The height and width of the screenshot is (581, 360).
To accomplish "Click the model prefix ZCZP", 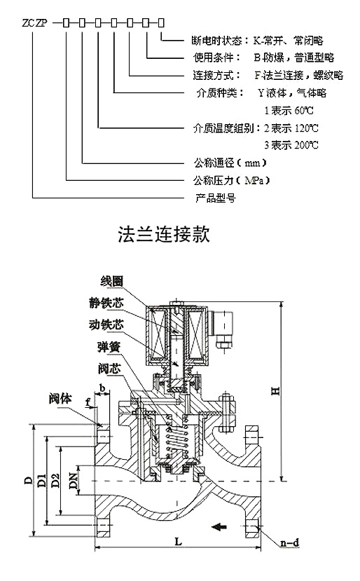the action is [35, 23].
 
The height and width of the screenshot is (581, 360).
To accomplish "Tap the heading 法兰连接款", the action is [164, 234].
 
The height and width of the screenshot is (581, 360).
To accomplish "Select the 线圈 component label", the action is [111, 281].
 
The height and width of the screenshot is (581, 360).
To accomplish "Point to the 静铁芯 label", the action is [106, 303].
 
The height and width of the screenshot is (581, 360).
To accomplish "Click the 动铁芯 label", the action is [106, 324].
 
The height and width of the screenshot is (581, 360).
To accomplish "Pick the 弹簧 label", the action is [109, 347].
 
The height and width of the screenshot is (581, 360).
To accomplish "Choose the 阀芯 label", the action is [109, 369].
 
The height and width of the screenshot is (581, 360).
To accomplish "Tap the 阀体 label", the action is [60, 399].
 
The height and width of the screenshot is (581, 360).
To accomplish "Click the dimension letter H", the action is [275, 390].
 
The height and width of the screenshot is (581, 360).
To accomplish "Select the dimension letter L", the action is [179, 542].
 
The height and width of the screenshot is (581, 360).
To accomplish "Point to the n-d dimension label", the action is [289, 543].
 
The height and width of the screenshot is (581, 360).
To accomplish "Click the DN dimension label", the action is [74, 481].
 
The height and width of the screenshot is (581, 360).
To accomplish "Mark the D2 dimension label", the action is [55, 481].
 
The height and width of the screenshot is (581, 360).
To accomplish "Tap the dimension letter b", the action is [102, 388].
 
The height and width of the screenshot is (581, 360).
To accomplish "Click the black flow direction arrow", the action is [219, 526].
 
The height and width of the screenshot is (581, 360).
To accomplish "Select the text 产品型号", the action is [216, 198].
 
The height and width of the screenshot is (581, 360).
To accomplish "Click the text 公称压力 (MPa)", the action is [231, 180].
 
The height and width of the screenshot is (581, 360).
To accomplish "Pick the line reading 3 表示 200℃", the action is [291, 145].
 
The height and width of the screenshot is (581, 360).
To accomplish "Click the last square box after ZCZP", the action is [161, 23].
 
